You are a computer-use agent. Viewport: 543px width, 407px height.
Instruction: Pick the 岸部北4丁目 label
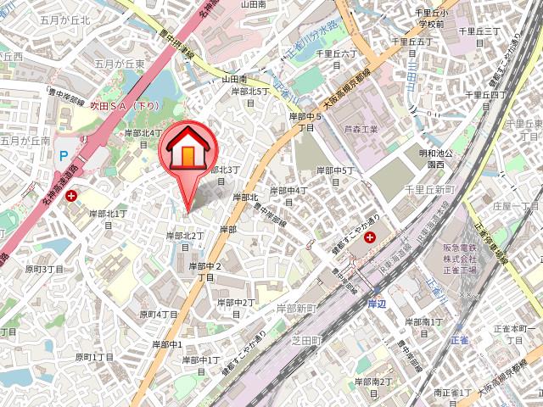(143, 138)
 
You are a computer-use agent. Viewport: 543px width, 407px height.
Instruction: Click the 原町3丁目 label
(44, 269)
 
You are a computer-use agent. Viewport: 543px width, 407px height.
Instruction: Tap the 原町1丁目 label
(93, 357)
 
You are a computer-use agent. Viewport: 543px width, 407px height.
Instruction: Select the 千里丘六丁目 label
(334, 58)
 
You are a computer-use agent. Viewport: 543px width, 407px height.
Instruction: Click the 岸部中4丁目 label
(288, 196)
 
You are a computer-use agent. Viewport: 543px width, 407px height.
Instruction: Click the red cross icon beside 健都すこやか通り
(370, 237)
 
